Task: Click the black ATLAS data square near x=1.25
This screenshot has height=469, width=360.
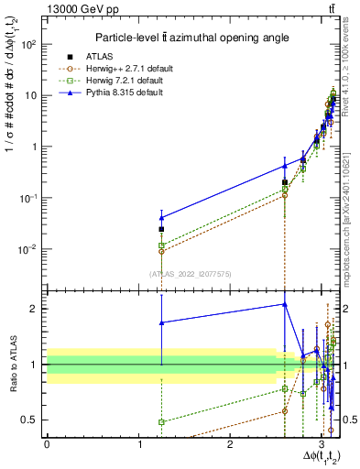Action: coord(161,229)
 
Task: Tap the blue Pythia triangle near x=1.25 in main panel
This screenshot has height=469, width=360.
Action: coord(161,218)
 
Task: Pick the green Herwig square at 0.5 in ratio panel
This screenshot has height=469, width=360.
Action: coord(161,422)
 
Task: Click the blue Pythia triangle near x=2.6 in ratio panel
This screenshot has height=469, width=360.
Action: coord(285,304)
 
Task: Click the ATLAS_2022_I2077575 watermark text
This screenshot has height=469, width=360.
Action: coord(190,273)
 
